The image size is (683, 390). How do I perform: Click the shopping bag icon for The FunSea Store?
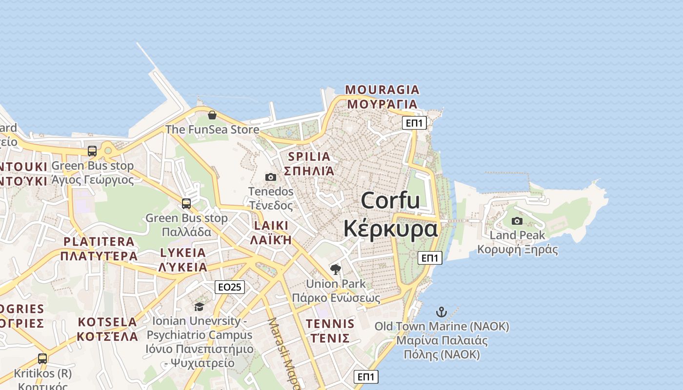coord(212,115)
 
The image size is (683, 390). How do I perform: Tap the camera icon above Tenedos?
coord(270,177)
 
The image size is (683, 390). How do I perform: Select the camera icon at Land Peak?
coord(517,221)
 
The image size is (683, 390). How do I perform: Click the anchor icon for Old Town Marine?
coord(442,312)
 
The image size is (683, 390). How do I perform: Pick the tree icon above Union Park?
coord(335,269)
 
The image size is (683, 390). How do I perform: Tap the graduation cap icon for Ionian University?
coord(199,307)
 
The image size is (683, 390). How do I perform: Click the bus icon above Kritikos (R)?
coord(42,359)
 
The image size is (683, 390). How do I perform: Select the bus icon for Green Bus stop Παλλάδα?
coord(186,203)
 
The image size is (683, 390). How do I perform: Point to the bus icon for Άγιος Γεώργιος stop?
coord(92,151)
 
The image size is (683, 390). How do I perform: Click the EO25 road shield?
coord(229,287)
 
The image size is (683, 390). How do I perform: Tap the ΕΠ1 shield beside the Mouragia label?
coord(414,123)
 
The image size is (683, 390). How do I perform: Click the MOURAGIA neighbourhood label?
coord(382,90)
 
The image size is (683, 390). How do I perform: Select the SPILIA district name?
coord(309,156)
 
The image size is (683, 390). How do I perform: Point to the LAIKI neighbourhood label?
coord(271,226)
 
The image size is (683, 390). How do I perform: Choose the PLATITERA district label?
coord(99,242)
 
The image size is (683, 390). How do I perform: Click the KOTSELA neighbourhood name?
coord(107,322)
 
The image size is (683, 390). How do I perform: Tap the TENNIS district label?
coord(330,324)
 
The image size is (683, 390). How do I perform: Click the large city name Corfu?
coord(390,200)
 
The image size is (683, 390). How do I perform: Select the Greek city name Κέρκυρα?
coord(390,228)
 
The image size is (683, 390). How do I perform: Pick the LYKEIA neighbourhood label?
coord(183,253)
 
